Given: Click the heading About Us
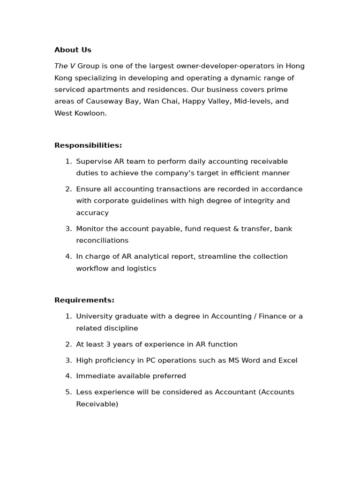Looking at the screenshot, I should click(x=73, y=50).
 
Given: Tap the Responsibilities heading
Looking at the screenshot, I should click(x=88, y=145).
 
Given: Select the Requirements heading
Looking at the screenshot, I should click(x=84, y=300).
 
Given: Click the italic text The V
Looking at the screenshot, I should click(x=65, y=66).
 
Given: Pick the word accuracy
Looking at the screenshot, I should click(x=92, y=212).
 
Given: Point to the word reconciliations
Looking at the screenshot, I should click(x=102, y=240).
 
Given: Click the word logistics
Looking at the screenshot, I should click(x=140, y=269).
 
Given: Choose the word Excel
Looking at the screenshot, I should click(x=287, y=360).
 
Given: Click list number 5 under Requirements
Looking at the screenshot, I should click(x=68, y=392).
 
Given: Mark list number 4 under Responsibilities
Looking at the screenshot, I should click(x=68, y=256).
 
